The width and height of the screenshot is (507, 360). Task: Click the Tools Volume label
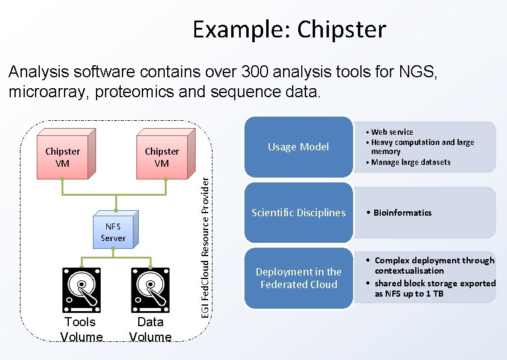pos(81,329)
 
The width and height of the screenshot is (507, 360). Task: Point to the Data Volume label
pos(150,329)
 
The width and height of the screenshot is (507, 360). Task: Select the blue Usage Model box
pos(298,147)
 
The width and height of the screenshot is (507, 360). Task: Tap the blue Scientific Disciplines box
pos(298,212)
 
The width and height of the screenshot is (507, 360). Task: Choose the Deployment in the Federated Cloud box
pos(298,278)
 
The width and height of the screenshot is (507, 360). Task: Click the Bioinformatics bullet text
pos(402,213)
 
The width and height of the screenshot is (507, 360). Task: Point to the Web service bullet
pos(392,132)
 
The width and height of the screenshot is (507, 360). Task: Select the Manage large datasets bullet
pos(410,162)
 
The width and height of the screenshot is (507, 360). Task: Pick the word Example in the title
pos(239,29)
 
